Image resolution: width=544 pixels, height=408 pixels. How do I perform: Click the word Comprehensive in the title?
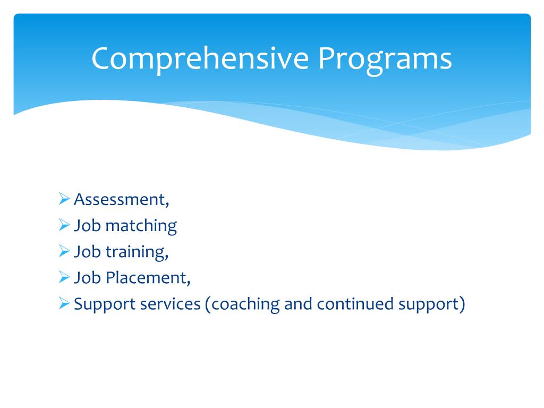[200, 59]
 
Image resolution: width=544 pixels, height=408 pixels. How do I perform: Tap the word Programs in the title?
[385, 59]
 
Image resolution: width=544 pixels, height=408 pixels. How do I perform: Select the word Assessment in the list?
[121, 200]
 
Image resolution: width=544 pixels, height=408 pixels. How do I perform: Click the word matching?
[141, 226]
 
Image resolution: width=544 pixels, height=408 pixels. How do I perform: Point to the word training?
[137, 252]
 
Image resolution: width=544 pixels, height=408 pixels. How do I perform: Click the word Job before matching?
[87, 226]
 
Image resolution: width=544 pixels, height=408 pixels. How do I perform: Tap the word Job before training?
[87, 252]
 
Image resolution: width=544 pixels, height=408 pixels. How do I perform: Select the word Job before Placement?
[87, 278]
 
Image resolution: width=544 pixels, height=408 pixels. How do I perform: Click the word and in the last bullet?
[298, 304]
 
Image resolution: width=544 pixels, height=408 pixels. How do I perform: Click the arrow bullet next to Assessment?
[64, 200]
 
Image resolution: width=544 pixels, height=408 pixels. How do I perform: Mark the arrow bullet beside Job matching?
[64, 226]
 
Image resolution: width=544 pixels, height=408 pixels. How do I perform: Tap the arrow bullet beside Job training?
[64, 252]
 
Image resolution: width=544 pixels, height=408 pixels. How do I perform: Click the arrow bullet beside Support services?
[64, 304]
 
